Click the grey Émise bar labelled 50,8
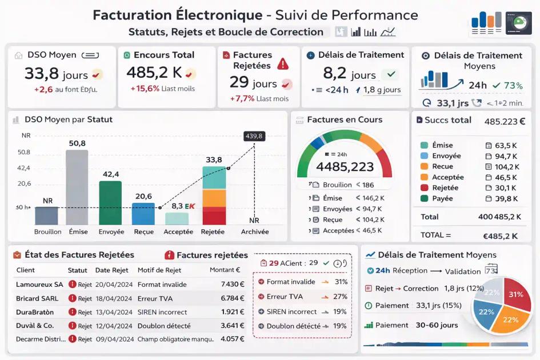coord(77,187)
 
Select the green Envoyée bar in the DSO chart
coord(110,203)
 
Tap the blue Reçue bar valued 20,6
coord(143,214)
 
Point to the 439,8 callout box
coord(254,136)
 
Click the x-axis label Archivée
coord(254,232)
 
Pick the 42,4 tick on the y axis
coord(24,168)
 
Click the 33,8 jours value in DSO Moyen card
coord(55,74)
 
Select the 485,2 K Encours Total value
coord(154,73)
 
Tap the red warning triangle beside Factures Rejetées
coord(283,64)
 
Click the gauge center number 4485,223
coord(345,167)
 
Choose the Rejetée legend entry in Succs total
coord(445,187)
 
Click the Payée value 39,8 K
coord(506,198)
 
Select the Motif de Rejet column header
coord(159,270)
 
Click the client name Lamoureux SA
coord(39,284)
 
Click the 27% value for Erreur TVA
coord(341,297)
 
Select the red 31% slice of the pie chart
coord(515,295)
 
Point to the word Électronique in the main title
coord(210,15)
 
